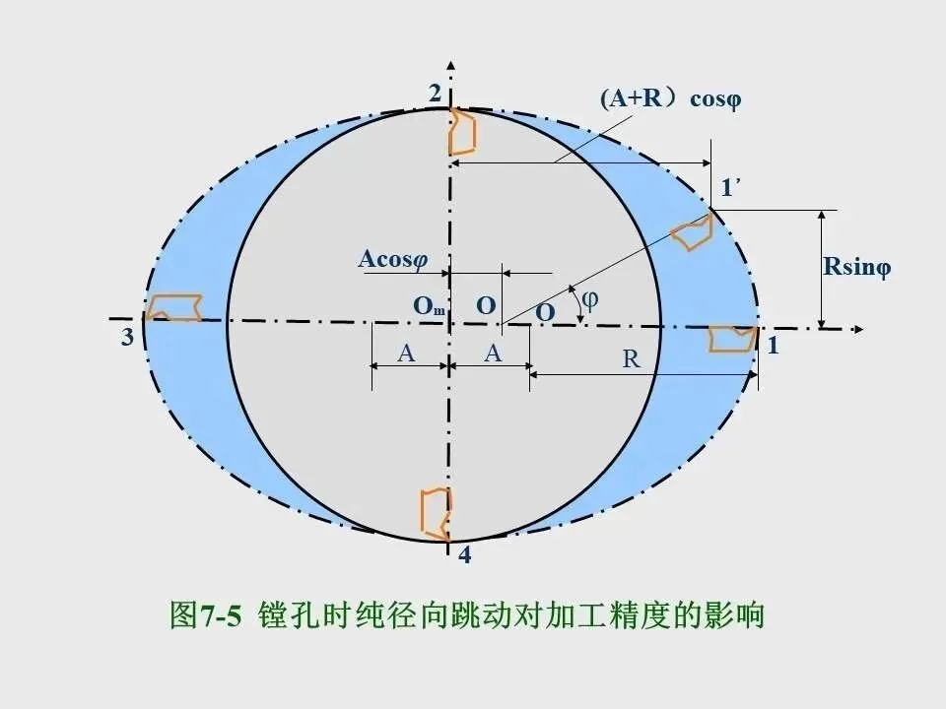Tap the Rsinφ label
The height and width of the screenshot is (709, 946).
click(x=856, y=267)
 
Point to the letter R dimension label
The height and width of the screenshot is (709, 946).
click(x=631, y=359)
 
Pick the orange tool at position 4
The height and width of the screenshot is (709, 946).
click(x=437, y=512)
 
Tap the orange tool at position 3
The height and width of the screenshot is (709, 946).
click(x=174, y=307)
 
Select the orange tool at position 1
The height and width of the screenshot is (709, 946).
click(x=733, y=339)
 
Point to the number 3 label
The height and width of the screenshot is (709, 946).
click(x=127, y=338)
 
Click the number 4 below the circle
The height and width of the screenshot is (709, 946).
click(x=464, y=557)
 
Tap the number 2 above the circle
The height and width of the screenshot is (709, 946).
click(x=435, y=94)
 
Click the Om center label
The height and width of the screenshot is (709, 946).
click(x=429, y=307)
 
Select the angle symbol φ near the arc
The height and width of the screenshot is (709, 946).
click(x=589, y=301)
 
